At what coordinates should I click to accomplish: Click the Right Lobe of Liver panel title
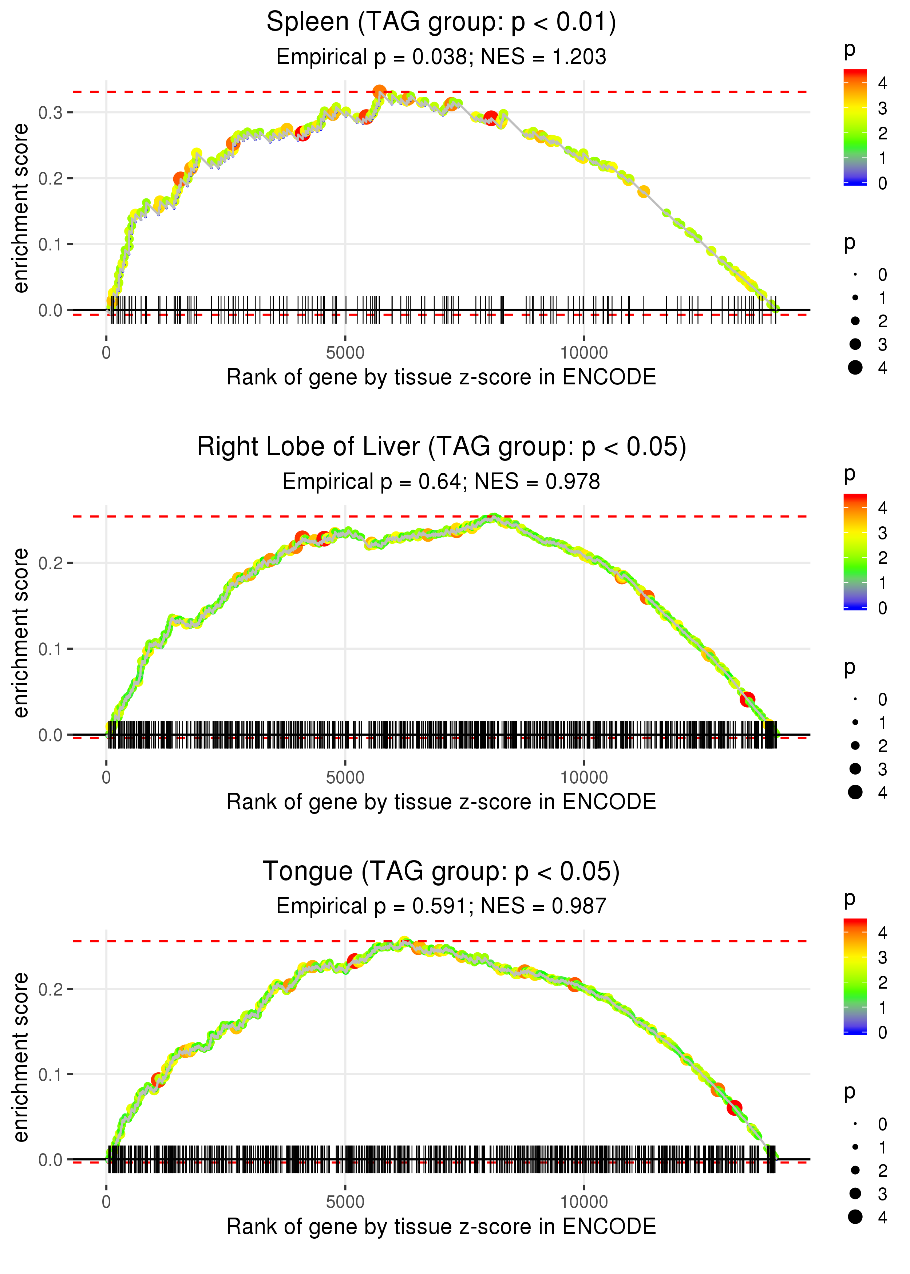coord(441,447)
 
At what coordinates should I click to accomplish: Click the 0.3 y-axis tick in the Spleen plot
coord(51,112)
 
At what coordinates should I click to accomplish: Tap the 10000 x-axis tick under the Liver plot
coord(584,777)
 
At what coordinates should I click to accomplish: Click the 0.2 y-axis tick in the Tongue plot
coord(51,989)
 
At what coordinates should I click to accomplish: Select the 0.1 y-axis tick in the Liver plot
coord(51,649)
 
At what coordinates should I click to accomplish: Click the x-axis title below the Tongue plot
coord(441,1226)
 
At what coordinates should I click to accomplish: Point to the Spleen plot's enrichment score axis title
coord(21,209)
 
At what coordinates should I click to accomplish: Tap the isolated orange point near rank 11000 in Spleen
coord(644,191)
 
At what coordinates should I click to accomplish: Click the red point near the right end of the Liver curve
coord(747,699)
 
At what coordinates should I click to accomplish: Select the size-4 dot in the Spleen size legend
coord(855,368)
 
